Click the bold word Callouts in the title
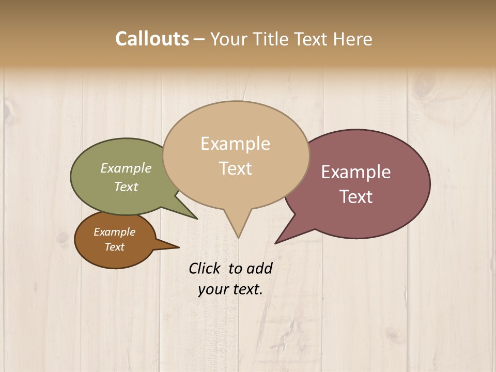point(152,39)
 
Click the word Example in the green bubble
point(126,168)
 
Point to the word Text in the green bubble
point(126,187)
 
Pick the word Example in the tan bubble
point(235,144)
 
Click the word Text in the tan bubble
point(236,168)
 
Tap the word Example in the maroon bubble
point(356,172)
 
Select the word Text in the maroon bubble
point(356,197)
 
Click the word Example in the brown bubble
point(114,232)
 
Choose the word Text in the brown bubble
point(114,247)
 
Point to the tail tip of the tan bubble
point(238,237)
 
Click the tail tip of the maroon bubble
point(276,242)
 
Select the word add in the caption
point(259,268)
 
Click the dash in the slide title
point(199,39)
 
